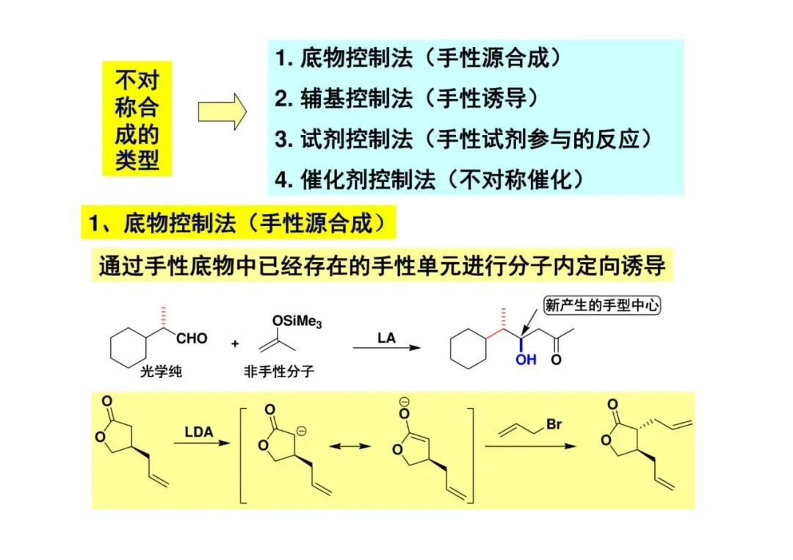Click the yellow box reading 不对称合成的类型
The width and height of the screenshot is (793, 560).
tap(137, 120)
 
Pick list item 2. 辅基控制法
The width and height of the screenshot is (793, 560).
tap(407, 98)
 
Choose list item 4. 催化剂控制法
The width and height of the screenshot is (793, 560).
tap(434, 179)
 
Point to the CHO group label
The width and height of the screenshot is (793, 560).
tap(191, 339)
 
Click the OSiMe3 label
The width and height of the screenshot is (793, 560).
tap(296, 321)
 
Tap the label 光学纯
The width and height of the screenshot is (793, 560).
tap(161, 371)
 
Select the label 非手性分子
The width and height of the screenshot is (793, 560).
tap(279, 371)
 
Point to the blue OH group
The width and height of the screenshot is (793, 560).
tap(526, 360)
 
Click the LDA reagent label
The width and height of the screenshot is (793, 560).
tap(198, 432)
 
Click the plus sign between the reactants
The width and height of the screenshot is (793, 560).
tap(235, 343)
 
